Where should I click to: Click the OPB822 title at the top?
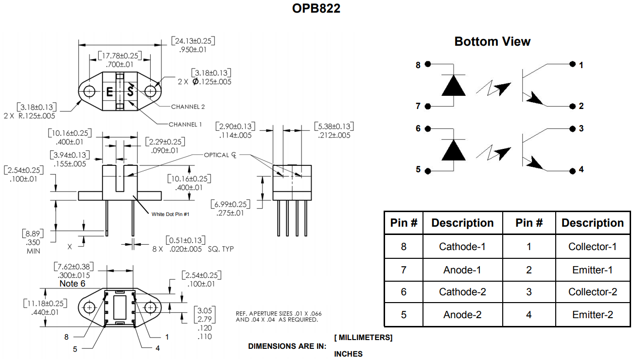click(x=317, y=9)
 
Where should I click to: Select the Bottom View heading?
click(x=492, y=41)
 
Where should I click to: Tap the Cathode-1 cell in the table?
click(x=462, y=247)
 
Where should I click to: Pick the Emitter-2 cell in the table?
click(x=592, y=315)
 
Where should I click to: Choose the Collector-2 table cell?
click(x=592, y=292)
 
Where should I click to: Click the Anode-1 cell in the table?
click(x=462, y=270)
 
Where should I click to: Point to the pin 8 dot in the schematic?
click(x=428, y=64)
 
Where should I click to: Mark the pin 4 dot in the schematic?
click(x=572, y=170)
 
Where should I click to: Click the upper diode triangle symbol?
click(x=453, y=86)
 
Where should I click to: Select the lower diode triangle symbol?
click(x=453, y=150)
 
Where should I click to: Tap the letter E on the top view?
click(x=109, y=92)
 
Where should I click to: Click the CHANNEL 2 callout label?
click(x=188, y=107)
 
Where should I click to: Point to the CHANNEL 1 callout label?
click(x=185, y=125)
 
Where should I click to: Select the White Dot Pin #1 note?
click(x=170, y=214)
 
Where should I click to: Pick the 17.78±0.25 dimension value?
click(x=119, y=56)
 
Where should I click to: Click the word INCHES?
click(x=348, y=354)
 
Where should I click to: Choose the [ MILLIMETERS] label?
click(x=363, y=337)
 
